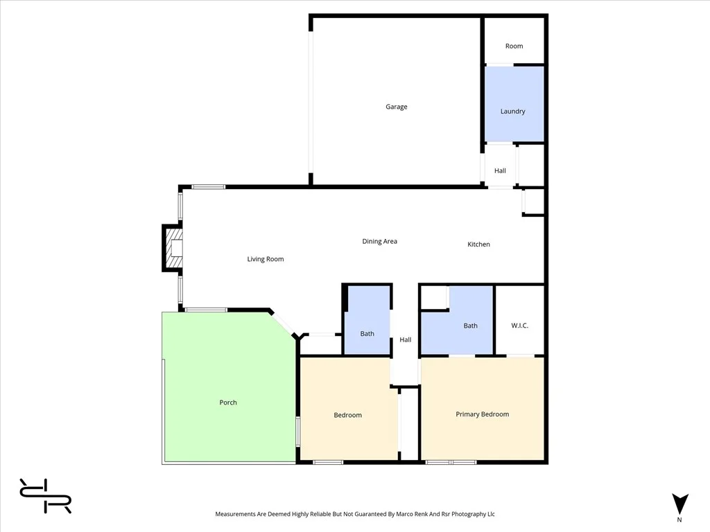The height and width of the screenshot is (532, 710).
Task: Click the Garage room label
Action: [x=397, y=107]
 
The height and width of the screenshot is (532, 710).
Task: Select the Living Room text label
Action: [x=266, y=259]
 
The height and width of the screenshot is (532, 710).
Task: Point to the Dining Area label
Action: [x=380, y=242]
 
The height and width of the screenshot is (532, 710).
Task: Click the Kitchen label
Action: [x=478, y=245]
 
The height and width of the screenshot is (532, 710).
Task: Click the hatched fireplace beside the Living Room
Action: [x=171, y=247]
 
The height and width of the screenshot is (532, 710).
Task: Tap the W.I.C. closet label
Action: [x=519, y=326]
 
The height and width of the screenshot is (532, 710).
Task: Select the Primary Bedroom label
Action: [x=482, y=414]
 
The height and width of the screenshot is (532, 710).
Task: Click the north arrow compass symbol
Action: [x=680, y=504]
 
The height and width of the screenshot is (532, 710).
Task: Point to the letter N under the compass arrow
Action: [x=679, y=520]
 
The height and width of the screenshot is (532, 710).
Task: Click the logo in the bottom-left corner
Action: [x=45, y=496]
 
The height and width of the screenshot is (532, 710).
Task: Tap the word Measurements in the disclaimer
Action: [x=238, y=514]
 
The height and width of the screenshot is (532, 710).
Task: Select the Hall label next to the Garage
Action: [x=500, y=171]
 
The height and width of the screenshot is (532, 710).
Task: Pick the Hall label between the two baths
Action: [x=406, y=340]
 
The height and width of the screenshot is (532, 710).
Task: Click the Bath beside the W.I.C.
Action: [x=470, y=326]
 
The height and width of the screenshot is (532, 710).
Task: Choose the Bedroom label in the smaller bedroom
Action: [x=347, y=415]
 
